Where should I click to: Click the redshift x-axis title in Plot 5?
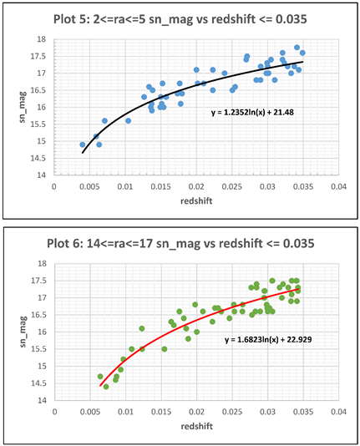196,200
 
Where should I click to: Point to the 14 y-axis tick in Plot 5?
44,175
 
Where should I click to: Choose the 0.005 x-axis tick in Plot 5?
89,186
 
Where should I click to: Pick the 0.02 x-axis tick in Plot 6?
196,412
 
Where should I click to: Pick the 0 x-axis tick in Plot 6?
54,412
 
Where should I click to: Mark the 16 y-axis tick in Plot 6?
44,332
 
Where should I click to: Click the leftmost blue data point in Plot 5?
82,144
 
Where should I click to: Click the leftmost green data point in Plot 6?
100,377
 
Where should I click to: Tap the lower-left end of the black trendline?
83,153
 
